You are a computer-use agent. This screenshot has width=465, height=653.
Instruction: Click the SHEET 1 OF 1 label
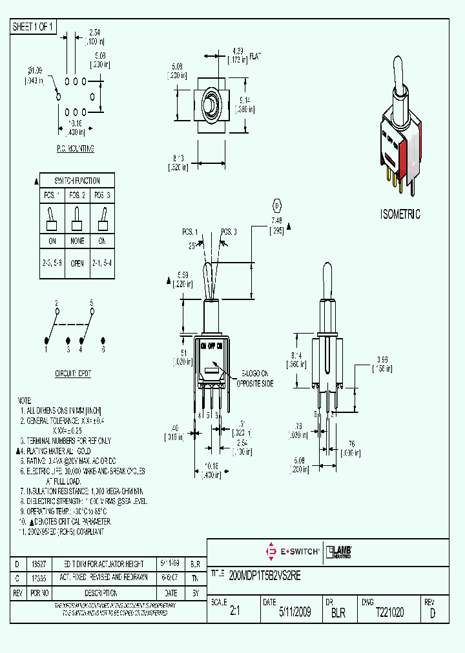tap(34, 26)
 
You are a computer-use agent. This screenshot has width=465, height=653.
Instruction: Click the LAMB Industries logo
tap(339, 551)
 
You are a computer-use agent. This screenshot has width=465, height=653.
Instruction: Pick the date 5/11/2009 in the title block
tap(294, 612)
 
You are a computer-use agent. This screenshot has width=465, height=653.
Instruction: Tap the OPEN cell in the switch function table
tap(77, 263)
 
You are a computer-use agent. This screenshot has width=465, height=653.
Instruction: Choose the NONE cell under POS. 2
tap(77, 241)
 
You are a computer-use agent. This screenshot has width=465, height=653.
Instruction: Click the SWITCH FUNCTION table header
tap(77, 180)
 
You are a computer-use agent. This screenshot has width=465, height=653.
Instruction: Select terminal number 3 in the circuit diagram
tap(68, 349)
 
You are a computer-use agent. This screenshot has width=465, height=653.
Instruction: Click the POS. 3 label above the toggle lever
tap(229, 231)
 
